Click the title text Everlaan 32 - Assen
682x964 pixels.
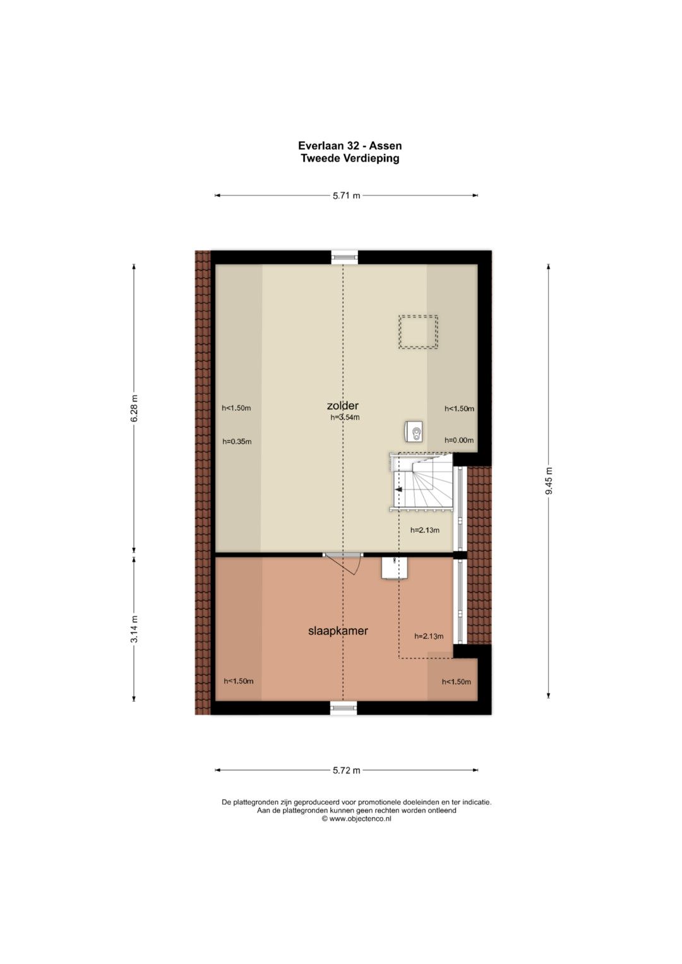click(x=350, y=146)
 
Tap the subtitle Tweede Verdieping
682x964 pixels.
click(x=350, y=158)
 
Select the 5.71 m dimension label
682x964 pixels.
click(x=346, y=196)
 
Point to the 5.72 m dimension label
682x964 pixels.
click(x=346, y=770)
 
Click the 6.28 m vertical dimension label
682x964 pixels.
click(x=135, y=408)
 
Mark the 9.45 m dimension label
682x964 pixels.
click(x=549, y=480)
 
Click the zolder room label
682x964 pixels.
click(x=343, y=405)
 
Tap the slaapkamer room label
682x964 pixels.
click(x=338, y=631)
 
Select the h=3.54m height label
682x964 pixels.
click(x=345, y=417)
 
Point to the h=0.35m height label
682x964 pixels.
click(x=237, y=441)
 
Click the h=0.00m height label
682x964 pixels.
click(x=459, y=440)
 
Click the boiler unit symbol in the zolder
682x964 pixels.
click(x=414, y=431)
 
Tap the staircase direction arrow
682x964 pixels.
click(x=398, y=489)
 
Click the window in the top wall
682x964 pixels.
click(x=344, y=257)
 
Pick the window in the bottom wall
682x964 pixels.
click(x=344, y=708)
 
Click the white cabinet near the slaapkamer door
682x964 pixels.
click(x=395, y=568)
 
